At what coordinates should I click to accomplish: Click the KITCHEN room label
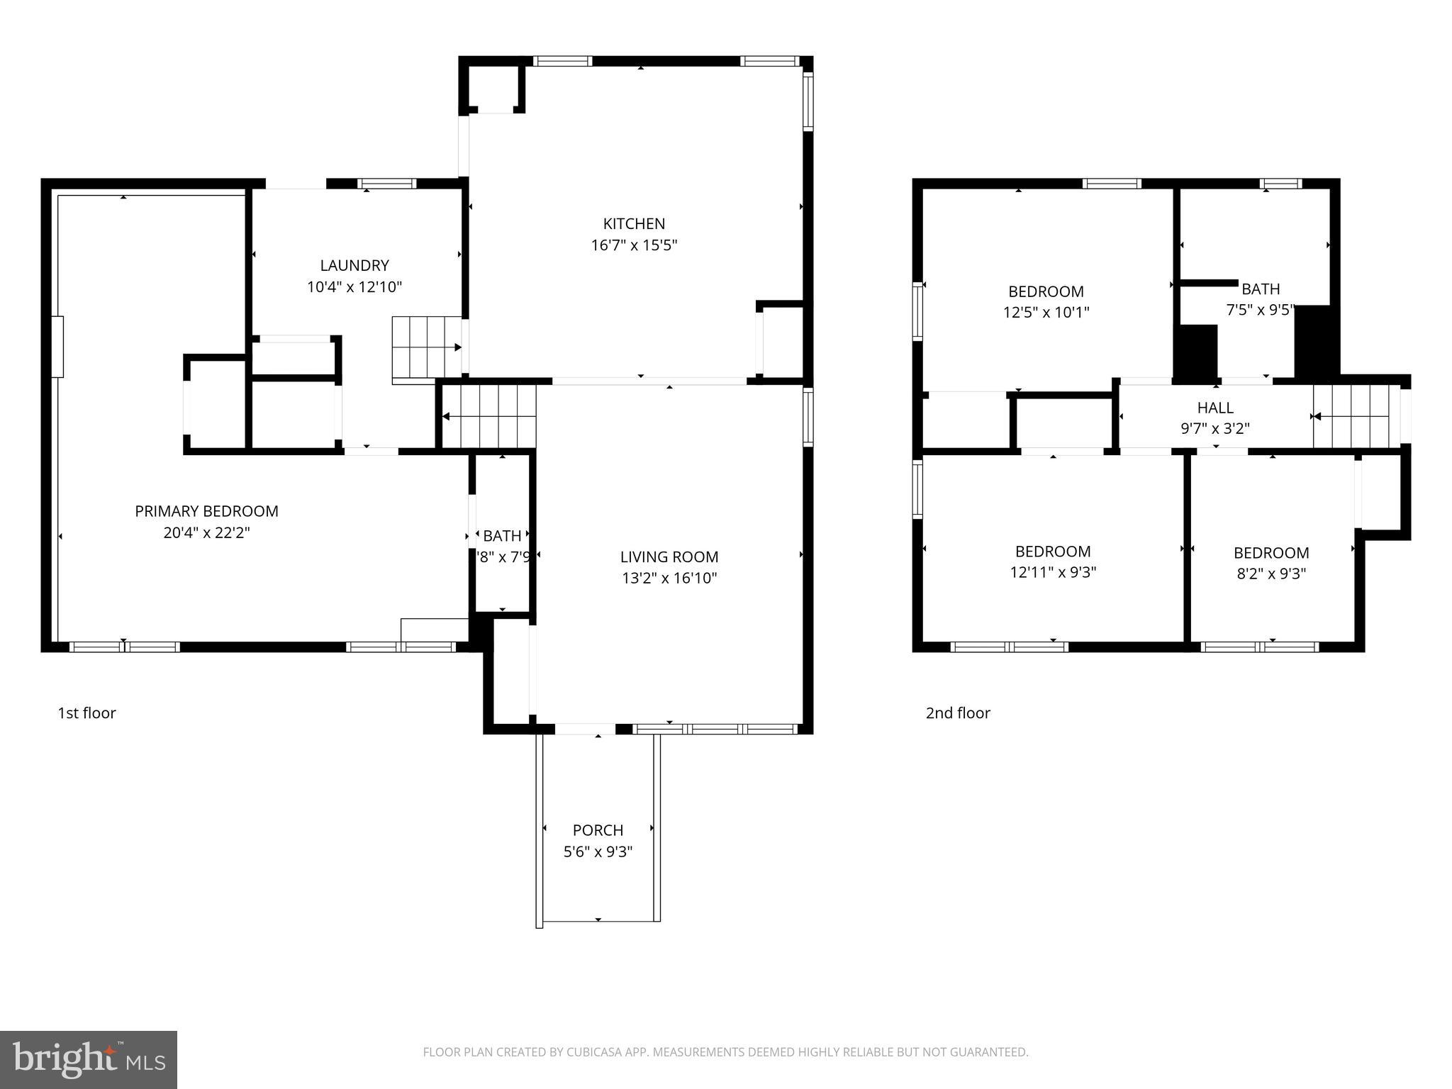[634, 224]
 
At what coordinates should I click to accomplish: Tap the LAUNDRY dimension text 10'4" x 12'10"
[354, 287]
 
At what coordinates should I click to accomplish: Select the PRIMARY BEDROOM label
[206, 511]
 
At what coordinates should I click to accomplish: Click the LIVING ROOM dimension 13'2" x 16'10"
[669, 578]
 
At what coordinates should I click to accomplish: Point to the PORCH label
[598, 830]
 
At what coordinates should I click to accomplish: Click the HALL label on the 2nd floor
[1215, 408]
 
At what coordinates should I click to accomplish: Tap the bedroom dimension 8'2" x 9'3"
[1271, 574]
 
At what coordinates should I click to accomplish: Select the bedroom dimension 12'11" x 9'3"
[1053, 572]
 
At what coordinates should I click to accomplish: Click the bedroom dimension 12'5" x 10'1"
[1046, 312]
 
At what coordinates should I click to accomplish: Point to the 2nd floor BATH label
[1261, 289]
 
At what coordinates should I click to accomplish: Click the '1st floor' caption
[86, 713]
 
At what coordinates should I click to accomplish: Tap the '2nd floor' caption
[958, 713]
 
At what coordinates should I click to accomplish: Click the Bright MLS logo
[88, 1060]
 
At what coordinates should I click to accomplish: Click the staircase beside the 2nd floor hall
[1356, 417]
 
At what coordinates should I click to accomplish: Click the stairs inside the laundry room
[426, 347]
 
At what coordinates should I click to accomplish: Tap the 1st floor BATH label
[502, 536]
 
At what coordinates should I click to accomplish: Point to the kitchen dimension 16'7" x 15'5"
[634, 245]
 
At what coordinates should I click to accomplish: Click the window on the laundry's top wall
[387, 184]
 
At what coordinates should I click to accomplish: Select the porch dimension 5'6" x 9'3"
[598, 851]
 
